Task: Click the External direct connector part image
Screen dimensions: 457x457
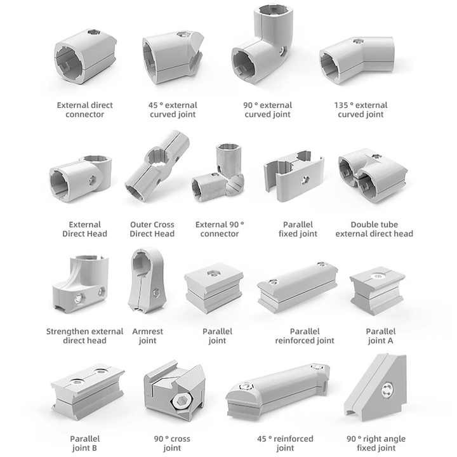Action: pos(86,56)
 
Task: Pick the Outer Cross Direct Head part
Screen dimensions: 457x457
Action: pos(156,167)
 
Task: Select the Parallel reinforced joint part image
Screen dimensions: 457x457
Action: pos(297,288)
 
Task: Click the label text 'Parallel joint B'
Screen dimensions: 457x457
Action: pos(84,444)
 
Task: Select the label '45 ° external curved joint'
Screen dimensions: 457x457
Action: pos(173,110)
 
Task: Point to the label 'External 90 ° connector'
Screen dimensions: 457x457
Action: pos(220,229)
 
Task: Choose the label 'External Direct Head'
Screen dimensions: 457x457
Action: pos(85,229)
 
